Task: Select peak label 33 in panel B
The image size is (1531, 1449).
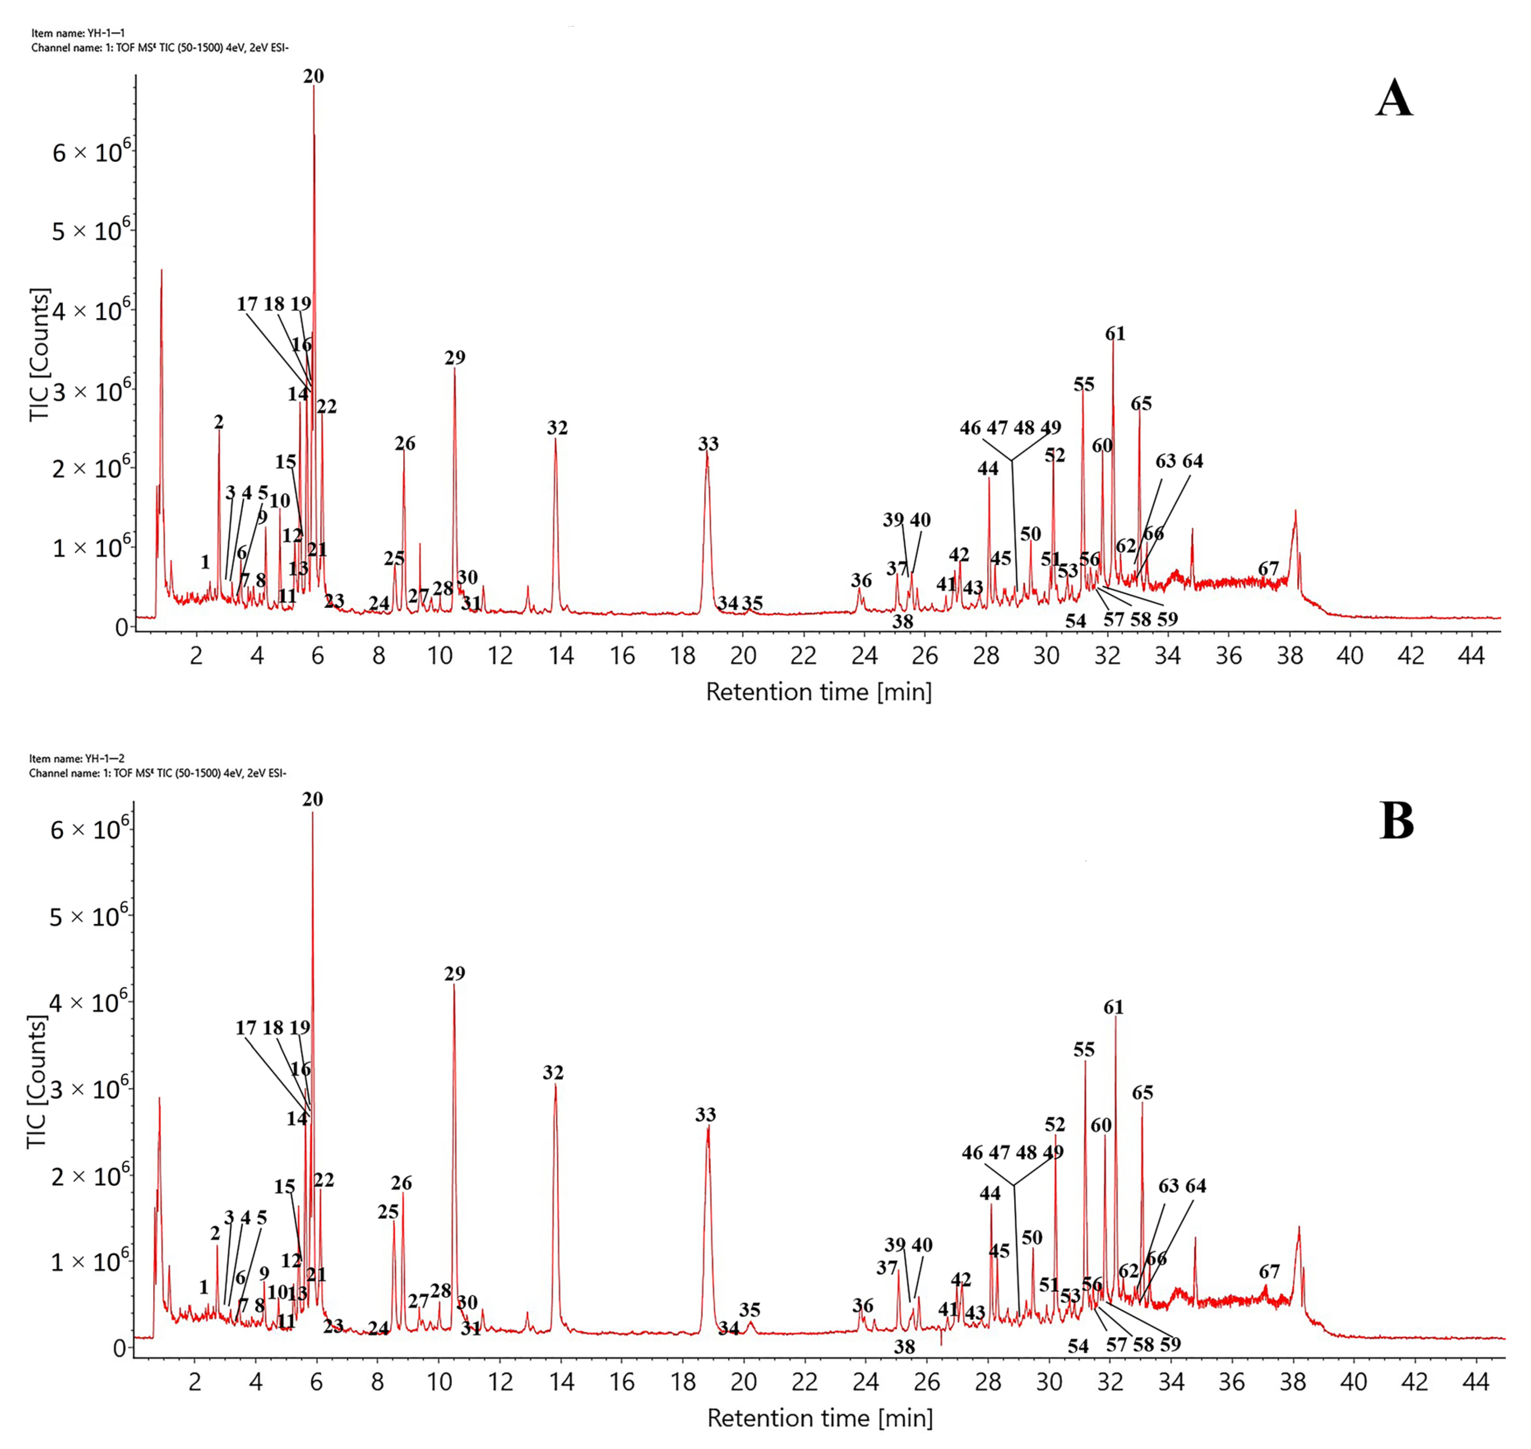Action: tap(705, 1115)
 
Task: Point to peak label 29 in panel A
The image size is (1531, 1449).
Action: tap(455, 357)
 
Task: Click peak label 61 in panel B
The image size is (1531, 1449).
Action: tap(1113, 1007)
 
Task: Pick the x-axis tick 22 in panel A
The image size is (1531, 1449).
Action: tap(804, 656)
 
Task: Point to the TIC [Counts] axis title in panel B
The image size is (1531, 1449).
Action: tap(37, 1082)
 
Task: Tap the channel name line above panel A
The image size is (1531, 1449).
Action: tap(160, 48)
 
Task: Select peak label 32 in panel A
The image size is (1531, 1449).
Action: tap(557, 428)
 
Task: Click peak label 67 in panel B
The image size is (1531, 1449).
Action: tap(1269, 1271)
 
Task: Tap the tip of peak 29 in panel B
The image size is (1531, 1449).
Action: tap(454, 986)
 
